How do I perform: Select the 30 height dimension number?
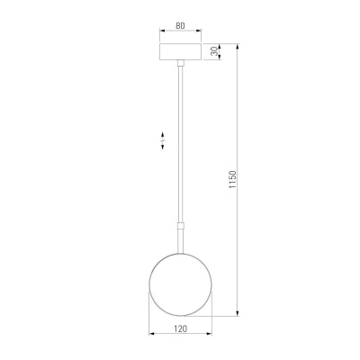213,51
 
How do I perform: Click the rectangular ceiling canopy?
181,51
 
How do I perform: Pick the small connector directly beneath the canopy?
181,63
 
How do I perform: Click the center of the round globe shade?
181,283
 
